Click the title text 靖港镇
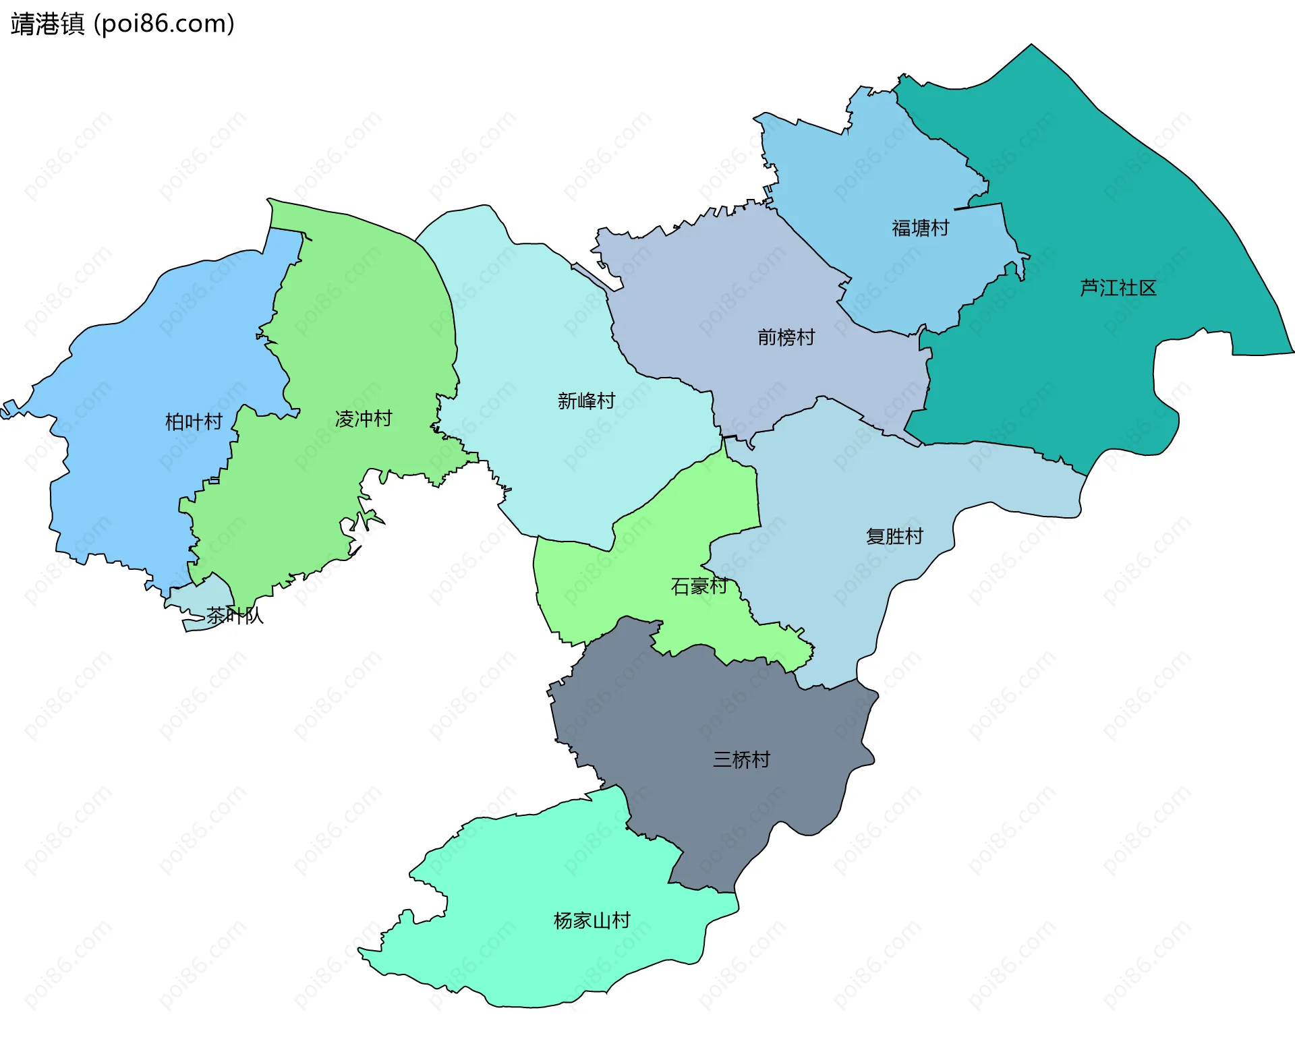click(x=47, y=24)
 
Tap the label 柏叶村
click(x=194, y=422)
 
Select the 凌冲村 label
click(x=364, y=419)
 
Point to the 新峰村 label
click(x=586, y=401)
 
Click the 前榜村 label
click(x=786, y=337)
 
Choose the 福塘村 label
click(x=920, y=228)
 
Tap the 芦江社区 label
click(x=1118, y=288)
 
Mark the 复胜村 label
click(x=894, y=537)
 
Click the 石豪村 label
click(x=699, y=586)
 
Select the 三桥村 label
click(x=741, y=760)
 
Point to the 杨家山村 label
click(x=592, y=921)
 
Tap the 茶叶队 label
click(x=234, y=616)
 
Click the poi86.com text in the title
click(x=164, y=24)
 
